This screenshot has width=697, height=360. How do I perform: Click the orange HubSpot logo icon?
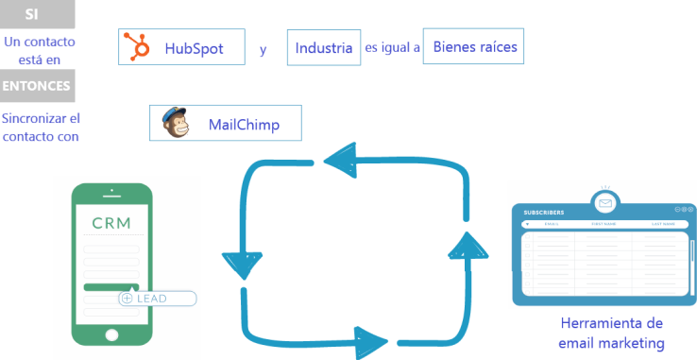click(x=140, y=47)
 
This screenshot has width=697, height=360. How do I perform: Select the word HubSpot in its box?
click(x=194, y=48)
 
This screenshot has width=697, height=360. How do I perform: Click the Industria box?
click(x=324, y=47)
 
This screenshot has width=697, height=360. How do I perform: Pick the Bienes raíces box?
click(x=472, y=44)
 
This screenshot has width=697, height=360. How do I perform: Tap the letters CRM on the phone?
click(x=111, y=224)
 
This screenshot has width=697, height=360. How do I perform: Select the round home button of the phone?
click(x=111, y=335)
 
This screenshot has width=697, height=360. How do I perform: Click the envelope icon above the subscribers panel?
click(x=605, y=203)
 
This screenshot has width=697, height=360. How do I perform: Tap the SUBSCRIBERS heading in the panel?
click(x=544, y=213)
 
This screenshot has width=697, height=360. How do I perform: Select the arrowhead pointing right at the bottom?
click(x=370, y=337)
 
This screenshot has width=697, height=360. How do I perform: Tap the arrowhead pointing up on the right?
click(x=464, y=247)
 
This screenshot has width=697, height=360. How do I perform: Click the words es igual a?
click(x=392, y=46)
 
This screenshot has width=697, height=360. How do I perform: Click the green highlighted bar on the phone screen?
click(x=110, y=286)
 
